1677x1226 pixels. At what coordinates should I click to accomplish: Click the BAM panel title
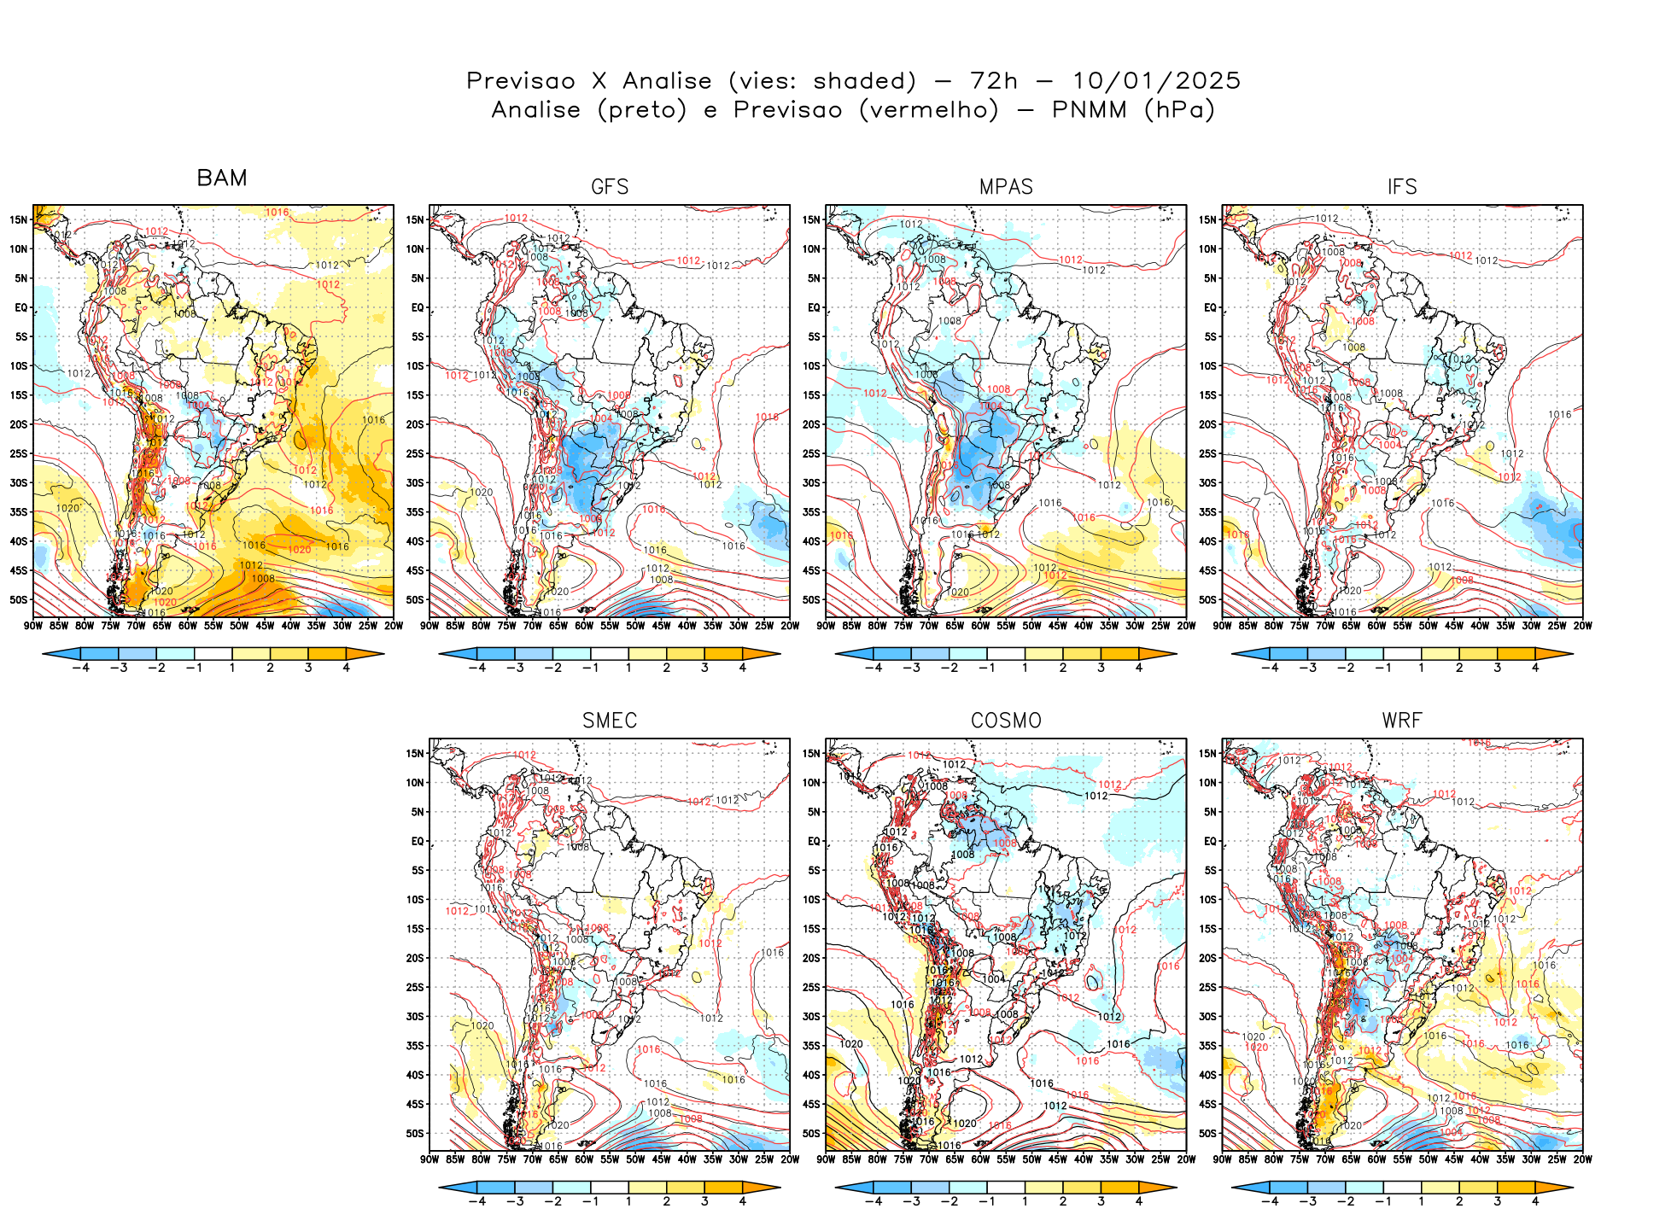[x=222, y=178]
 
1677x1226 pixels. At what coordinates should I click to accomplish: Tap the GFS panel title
[x=610, y=187]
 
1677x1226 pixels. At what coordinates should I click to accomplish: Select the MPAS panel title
[x=1006, y=187]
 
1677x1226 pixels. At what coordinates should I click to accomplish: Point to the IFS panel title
[x=1402, y=187]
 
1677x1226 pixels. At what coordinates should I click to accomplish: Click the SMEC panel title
[x=610, y=721]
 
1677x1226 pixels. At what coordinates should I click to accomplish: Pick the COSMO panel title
[x=1006, y=721]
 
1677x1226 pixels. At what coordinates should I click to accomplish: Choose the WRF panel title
[x=1402, y=721]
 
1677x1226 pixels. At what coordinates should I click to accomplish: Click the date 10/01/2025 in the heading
[x=1156, y=81]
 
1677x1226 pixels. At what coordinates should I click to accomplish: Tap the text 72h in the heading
[x=994, y=81]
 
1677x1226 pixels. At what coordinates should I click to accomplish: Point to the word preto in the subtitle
[x=642, y=110]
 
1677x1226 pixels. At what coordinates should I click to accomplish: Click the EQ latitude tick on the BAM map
[x=20, y=307]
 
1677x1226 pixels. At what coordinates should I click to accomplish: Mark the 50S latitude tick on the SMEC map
[x=415, y=1134]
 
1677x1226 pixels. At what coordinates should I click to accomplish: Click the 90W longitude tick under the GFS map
[x=429, y=626]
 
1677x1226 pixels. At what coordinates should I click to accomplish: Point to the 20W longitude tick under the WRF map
[x=1583, y=1159]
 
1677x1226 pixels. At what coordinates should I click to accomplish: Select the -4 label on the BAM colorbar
[x=80, y=668]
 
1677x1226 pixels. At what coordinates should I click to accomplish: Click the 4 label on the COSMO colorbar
[x=1139, y=1201]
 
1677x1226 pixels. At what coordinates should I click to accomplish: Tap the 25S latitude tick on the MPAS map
[x=810, y=453]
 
